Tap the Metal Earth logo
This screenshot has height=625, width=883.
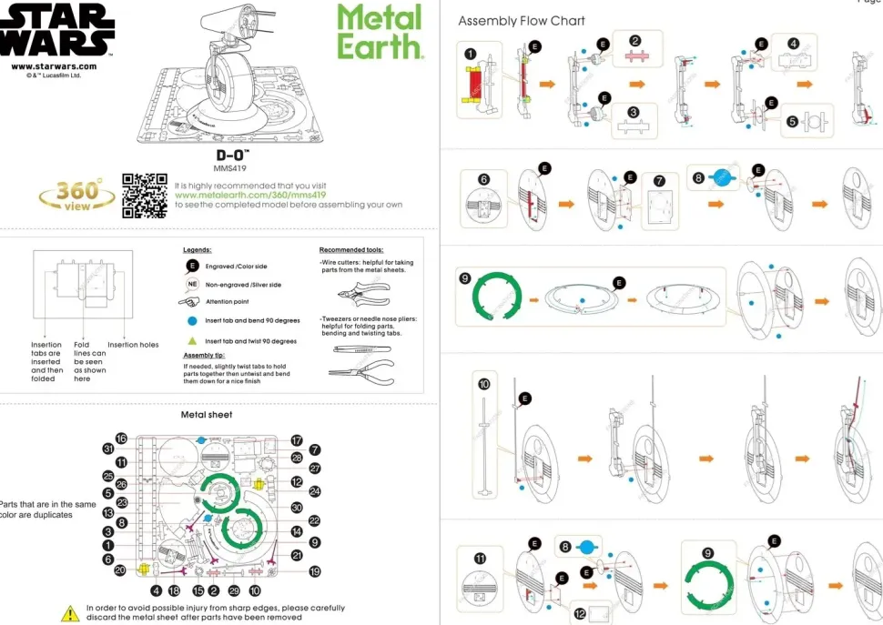coord(380,32)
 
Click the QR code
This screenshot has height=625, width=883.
coord(145,195)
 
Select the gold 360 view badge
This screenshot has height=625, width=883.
coord(76,194)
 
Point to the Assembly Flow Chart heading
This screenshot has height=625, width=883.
coord(522,21)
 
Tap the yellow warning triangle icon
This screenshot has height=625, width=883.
coord(70,613)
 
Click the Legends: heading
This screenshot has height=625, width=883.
coord(198,249)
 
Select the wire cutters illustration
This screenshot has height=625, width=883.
coord(361,296)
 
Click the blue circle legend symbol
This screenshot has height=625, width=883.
coord(192,321)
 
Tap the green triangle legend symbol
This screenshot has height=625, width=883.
coord(192,341)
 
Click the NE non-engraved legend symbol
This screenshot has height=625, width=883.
coord(192,285)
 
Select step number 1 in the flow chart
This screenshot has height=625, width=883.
coord(470,54)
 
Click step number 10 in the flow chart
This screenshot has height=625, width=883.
coord(483,385)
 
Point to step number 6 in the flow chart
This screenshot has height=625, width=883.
coord(483,180)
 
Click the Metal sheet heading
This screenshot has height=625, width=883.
coord(207,415)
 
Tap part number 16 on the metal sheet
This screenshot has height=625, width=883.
coord(121,439)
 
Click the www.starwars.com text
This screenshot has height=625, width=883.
coord(54,66)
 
